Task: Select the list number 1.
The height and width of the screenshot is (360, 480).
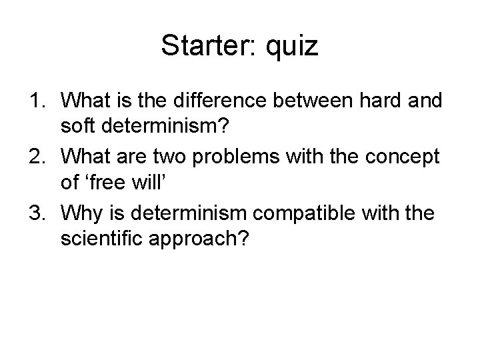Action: [x=35, y=102]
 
